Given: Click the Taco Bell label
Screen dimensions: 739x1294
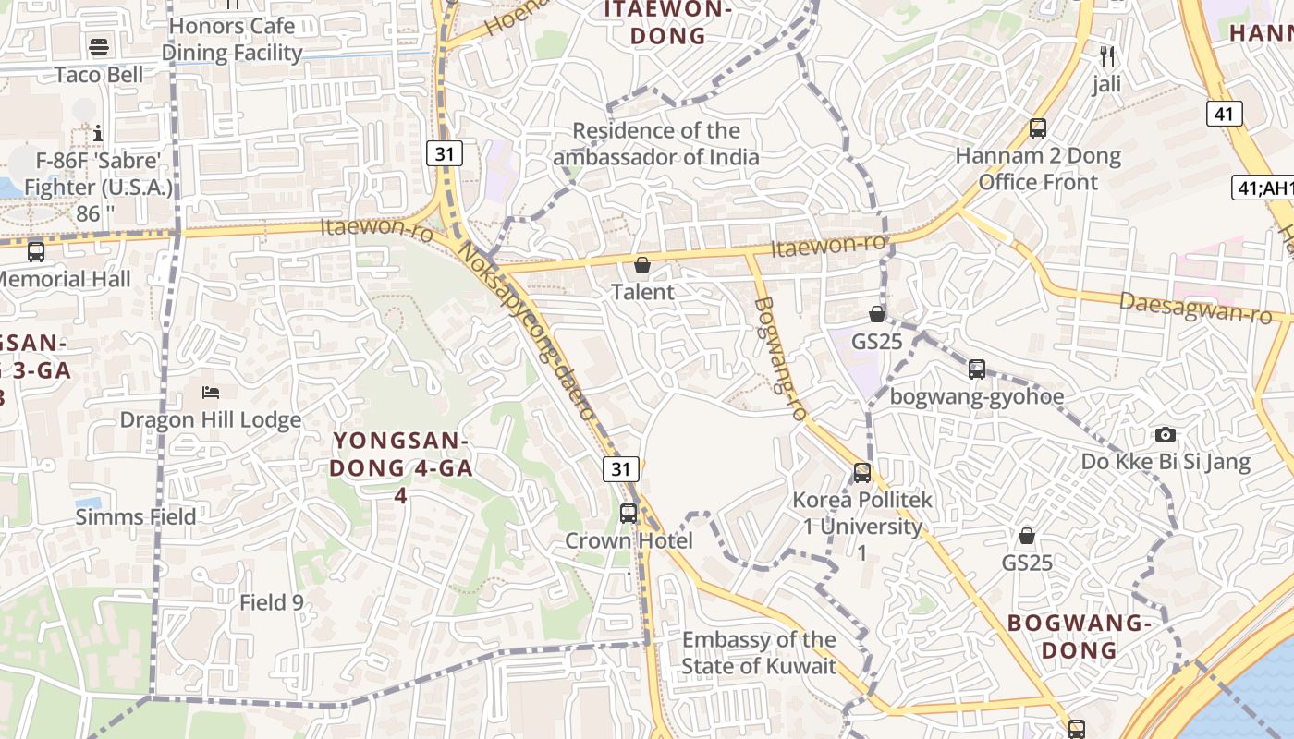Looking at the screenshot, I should point(99,75).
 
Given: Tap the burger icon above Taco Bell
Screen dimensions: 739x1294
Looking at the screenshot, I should point(99,47).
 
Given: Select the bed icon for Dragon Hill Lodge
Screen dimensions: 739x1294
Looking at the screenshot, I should point(211,393).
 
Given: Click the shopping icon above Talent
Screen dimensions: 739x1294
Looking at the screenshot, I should point(642,266).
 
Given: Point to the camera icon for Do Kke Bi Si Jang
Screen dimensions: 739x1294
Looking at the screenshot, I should point(1166,434).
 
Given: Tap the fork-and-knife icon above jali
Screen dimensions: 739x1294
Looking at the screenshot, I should point(1107,56).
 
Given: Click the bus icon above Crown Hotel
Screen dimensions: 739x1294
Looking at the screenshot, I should point(629,513).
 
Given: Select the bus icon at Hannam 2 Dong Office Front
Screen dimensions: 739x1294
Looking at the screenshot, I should point(1038,128).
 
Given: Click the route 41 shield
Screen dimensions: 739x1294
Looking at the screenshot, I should point(1224,114).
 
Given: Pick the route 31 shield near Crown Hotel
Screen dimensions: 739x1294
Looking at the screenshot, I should point(621,468).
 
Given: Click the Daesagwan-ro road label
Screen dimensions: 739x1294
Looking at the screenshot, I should point(1195,308).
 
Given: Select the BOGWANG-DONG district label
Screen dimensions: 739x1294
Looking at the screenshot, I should point(1080,636).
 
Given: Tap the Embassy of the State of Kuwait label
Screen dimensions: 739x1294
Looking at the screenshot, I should point(759,652).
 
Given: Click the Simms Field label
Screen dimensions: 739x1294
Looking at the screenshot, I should point(136,516).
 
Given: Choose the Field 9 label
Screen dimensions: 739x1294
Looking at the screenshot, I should point(272,603).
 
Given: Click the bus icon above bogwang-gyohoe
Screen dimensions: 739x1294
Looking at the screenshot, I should point(977,369).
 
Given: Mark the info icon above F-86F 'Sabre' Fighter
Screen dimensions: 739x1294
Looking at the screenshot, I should point(99,134).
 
